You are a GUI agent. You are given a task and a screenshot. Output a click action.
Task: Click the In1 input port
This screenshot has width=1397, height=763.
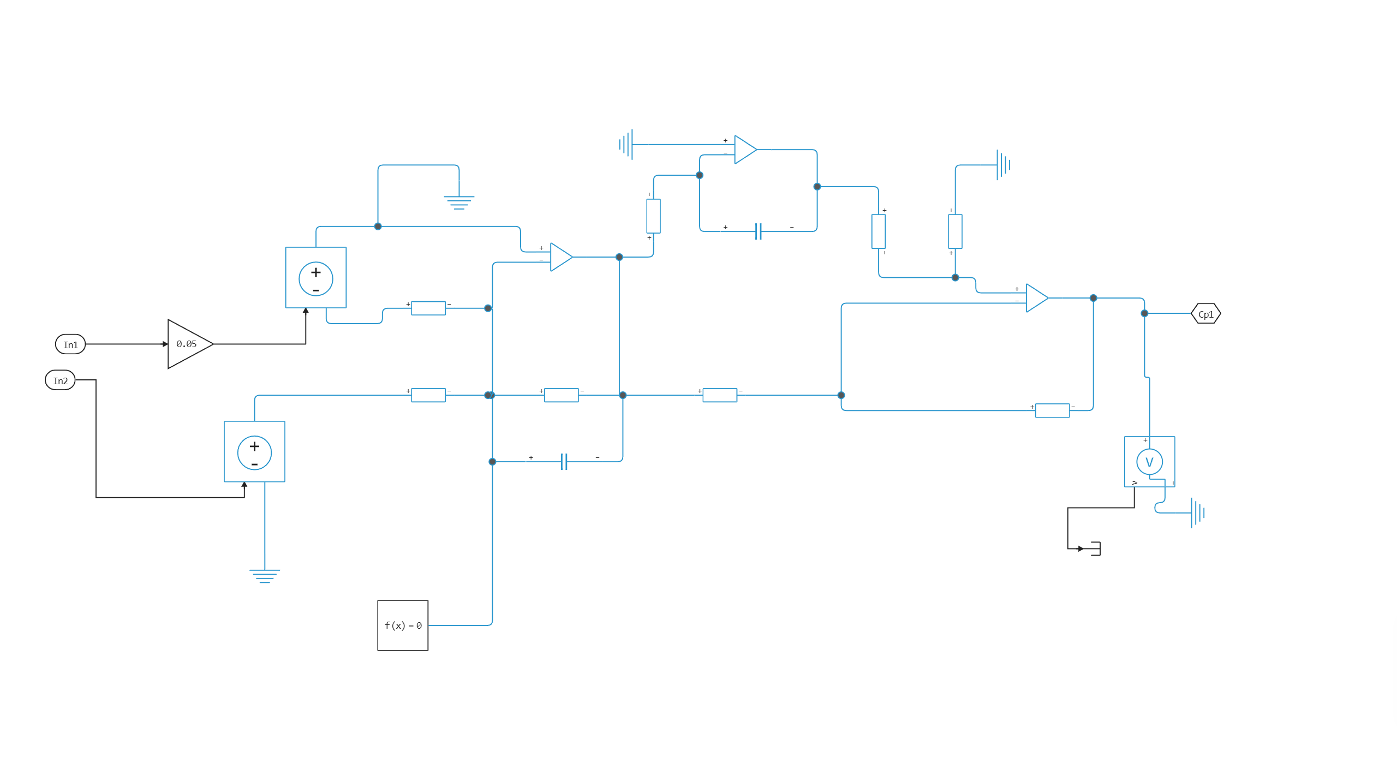click(70, 344)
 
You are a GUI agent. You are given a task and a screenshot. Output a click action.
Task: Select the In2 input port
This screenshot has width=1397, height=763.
click(60, 380)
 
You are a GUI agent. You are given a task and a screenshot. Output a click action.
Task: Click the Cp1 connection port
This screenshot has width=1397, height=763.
click(1205, 314)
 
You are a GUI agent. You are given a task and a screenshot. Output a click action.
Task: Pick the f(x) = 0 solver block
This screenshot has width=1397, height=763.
click(403, 625)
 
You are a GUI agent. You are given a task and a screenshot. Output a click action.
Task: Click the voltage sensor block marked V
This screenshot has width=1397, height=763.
click(1149, 462)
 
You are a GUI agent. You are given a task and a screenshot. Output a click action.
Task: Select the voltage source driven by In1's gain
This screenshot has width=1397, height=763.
click(315, 278)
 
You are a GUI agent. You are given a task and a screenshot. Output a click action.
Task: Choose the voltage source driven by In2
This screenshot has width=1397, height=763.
click(254, 451)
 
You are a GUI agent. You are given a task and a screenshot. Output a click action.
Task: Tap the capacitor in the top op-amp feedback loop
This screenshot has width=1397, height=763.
click(759, 231)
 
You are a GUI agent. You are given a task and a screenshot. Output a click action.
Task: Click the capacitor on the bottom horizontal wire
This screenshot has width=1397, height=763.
click(564, 462)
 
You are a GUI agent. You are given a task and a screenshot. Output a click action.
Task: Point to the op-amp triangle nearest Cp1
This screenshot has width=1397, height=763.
click(1036, 298)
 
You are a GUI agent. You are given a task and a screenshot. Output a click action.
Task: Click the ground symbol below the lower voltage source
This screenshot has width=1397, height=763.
click(265, 576)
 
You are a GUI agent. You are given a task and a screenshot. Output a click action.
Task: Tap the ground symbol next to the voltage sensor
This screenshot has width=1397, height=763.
click(1197, 512)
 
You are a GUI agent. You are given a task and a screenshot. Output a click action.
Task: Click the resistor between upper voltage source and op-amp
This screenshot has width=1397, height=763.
click(428, 308)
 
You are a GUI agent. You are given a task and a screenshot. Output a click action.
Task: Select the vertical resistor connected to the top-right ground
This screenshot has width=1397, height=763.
click(955, 231)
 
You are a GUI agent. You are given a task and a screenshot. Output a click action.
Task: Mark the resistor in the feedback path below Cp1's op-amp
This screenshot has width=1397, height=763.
click(1052, 410)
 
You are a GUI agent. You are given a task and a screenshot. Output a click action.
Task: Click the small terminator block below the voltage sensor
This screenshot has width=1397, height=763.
click(1095, 549)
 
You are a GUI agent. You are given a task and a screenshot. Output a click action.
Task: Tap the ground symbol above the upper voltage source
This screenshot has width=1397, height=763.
click(459, 202)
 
